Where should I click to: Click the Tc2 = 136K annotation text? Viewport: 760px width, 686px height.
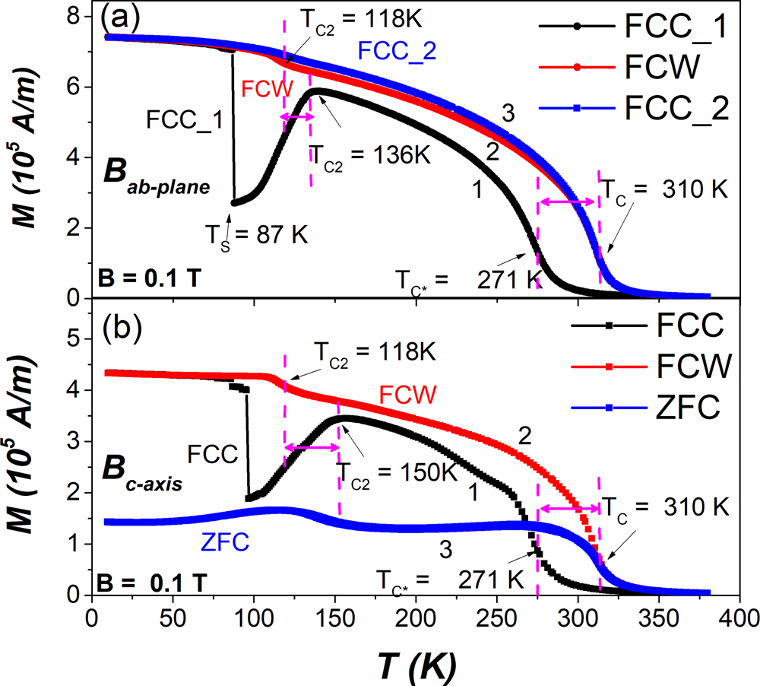(370, 155)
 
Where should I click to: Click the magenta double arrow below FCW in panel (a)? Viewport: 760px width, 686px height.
(297, 116)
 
